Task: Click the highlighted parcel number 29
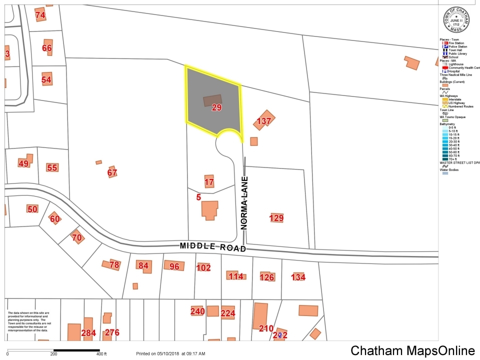[216, 107]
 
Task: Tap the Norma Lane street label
[244, 202]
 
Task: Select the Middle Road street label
[213, 246]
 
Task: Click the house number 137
[264, 121]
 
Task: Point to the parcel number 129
[276, 217]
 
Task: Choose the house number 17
[209, 182]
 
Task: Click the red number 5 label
[198, 197]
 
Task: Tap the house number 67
[112, 173]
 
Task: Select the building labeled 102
[203, 267]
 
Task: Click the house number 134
[298, 277]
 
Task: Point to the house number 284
[88, 333]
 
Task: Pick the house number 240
[197, 311]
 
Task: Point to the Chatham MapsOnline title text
[412, 350]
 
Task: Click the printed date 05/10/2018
[163, 354]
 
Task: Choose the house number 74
[40, 15]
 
